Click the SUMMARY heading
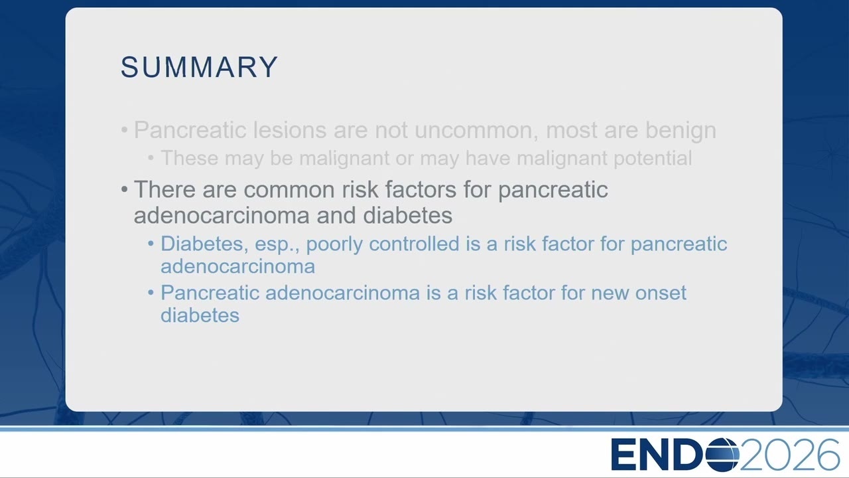[200, 67]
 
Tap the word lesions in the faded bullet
[290, 129]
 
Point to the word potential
[653, 159]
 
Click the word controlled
[414, 244]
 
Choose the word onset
[661, 293]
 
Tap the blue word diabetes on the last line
[200, 315]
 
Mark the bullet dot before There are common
[124, 189]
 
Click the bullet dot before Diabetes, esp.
[151, 244]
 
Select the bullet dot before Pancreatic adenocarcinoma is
[151, 293]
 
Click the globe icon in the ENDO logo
[722, 455]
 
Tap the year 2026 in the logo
[789, 455]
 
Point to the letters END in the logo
[658, 455]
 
